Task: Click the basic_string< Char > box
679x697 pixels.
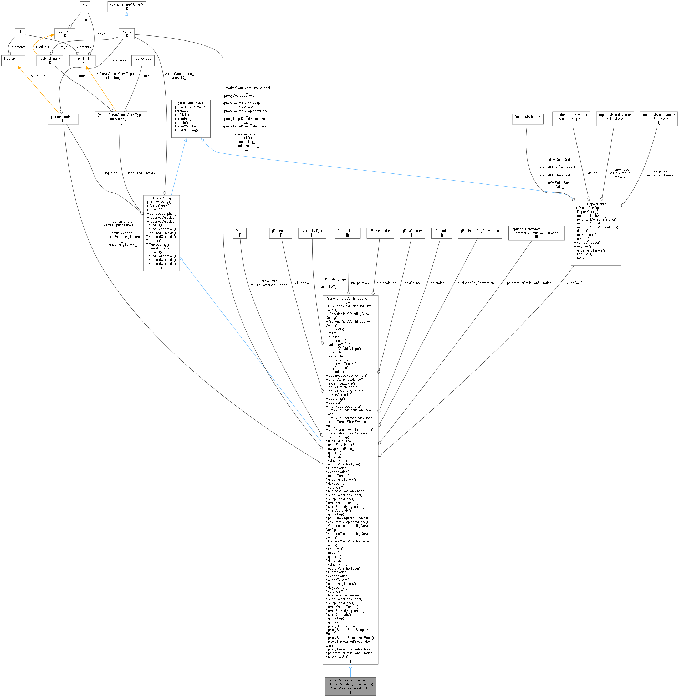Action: [127, 6]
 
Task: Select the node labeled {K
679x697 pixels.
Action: [85, 6]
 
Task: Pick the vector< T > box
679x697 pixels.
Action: [13, 60]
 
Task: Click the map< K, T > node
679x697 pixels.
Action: [82, 60]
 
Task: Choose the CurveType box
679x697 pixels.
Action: [143, 60]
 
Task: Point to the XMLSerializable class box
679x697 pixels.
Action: [191, 119]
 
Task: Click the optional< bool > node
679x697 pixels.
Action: [527, 119]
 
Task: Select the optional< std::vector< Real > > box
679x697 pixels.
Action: [615, 119]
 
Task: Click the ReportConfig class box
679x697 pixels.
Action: [596, 233]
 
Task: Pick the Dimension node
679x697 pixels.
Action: [281, 233]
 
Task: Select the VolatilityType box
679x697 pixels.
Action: [312, 233]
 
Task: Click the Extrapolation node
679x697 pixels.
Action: [380, 233]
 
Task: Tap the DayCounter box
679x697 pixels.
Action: [412, 233]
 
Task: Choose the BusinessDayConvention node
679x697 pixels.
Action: [480, 233]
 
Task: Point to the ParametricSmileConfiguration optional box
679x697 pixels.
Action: [536, 233]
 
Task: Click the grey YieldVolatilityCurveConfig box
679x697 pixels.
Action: [350, 686]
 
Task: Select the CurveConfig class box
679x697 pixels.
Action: [161, 233]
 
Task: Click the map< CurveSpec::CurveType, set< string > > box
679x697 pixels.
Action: [121, 119]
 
